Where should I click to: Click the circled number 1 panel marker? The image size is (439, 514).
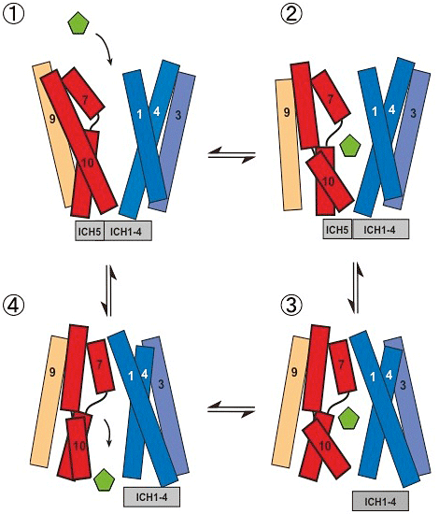click(x=13, y=13)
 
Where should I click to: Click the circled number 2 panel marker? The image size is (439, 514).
click(x=291, y=15)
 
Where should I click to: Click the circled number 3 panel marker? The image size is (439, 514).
click(x=291, y=306)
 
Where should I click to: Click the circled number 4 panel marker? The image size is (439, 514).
click(x=13, y=306)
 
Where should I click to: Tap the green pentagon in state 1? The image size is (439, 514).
click(x=78, y=23)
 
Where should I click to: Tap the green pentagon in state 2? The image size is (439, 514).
click(x=350, y=145)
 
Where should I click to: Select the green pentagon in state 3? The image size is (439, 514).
click(x=348, y=418)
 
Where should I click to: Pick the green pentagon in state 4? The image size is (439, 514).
click(x=104, y=480)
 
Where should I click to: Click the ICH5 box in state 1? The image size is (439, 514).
click(x=90, y=231)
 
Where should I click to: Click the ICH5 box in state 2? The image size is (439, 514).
click(x=337, y=229)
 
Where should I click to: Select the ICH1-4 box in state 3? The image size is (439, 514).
click(x=380, y=501)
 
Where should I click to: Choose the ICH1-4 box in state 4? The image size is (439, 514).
click(x=151, y=497)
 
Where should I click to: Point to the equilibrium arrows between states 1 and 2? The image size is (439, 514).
click(x=232, y=155)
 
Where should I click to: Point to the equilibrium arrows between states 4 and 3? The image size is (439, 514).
click(x=232, y=409)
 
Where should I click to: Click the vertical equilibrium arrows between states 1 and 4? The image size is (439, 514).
click(x=109, y=291)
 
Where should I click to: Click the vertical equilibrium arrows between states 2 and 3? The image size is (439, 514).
click(x=356, y=288)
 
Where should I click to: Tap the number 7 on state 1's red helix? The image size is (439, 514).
click(x=85, y=100)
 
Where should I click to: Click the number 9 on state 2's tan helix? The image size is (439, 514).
click(x=287, y=112)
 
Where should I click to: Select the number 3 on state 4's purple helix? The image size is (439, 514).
click(x=161, y=384)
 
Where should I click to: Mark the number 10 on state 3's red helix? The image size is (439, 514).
click(x=325, y=446)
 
